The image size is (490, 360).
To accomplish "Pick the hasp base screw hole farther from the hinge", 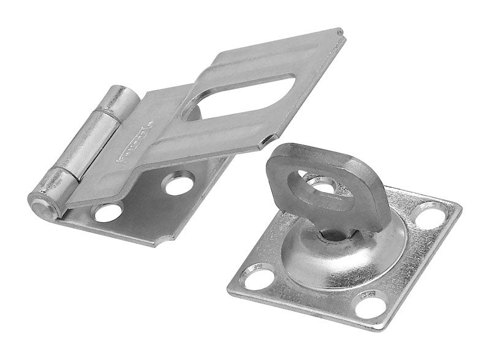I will tap(179, 182).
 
